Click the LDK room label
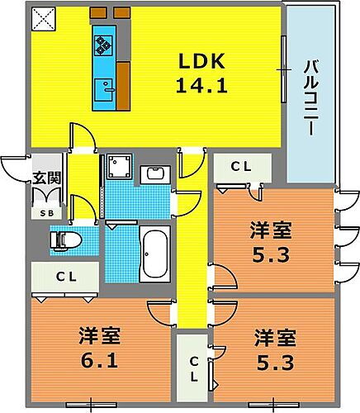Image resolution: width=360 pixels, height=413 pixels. point(199,61)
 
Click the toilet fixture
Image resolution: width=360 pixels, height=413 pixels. point(64,240)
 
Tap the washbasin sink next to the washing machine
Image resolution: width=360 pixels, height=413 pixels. point(154,175)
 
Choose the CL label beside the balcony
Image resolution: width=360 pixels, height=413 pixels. point(240,167)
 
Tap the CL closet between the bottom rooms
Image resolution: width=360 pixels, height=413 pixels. point(192,368)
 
